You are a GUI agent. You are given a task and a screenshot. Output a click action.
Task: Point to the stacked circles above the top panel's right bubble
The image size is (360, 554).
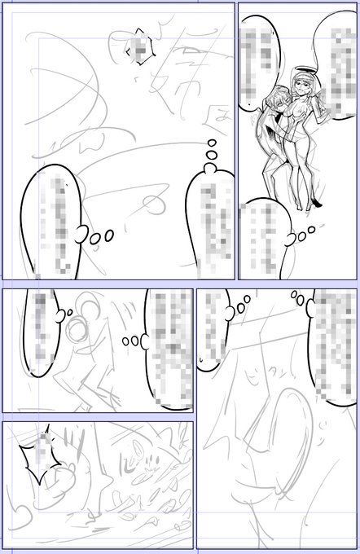tap(209, 154)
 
